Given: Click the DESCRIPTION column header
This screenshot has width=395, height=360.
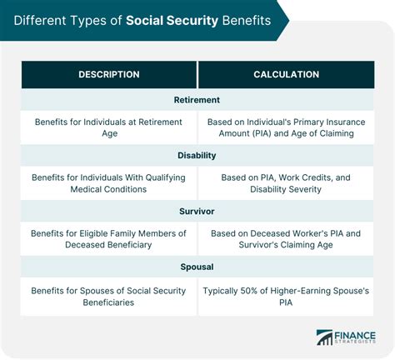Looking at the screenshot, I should click(108, 75).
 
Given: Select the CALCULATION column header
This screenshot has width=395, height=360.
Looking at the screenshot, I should click(286, 75).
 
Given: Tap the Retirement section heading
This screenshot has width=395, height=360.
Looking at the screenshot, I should click(197, 100).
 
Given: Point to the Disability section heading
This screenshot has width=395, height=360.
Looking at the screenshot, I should click(197, 156).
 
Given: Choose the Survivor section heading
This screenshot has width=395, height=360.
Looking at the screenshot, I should click(197, 212).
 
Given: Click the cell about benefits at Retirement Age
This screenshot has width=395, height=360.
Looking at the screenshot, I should click(109, 127).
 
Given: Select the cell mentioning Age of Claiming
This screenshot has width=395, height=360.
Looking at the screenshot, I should click(286, 127).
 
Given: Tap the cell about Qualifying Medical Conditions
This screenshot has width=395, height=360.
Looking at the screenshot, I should click(109, 183).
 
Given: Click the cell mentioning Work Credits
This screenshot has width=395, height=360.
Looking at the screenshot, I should click(286, 183).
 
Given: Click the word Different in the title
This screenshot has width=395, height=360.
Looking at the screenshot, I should click(39, 19).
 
